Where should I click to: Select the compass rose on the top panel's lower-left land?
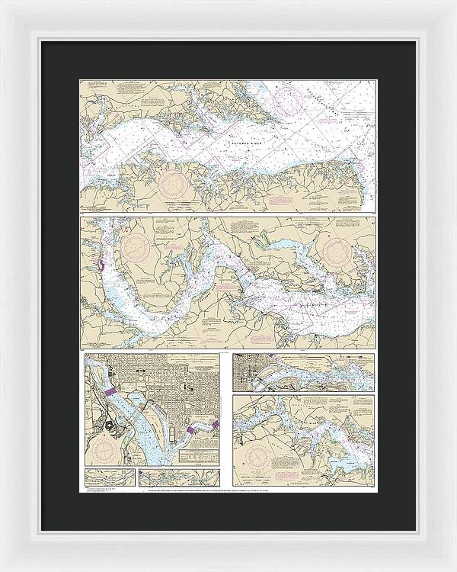point(172,183)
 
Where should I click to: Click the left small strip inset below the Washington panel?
point(110,477)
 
